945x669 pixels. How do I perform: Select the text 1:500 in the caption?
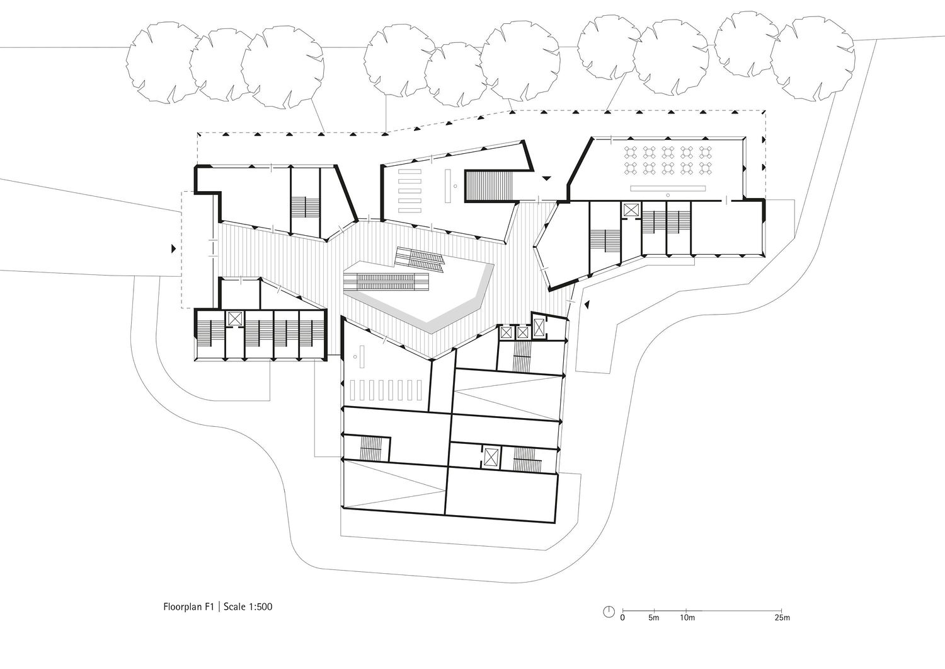click(x=259, y=607)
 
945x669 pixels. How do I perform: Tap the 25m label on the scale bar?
click(x=782, y=618)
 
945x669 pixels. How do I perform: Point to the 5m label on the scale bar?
click(x=653, y=618)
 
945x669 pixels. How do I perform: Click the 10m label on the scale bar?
click(x=687, y=618)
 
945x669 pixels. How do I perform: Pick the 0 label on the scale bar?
click(x=622, y=618)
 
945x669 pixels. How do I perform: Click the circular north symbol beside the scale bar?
click(x=609, y=612)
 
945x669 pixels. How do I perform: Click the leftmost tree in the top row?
click(x=163, y=62)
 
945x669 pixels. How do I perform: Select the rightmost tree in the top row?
click(x=813, y=57)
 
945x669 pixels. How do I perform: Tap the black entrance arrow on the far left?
click(x=173, y=249)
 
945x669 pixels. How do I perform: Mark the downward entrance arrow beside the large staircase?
click(x=546, y=178)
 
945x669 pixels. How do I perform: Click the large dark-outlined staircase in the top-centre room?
click(x=490, y=187)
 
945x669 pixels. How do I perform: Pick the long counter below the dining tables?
click(x=668, y=189)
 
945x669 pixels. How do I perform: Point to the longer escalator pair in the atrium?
click(x=386, y=281)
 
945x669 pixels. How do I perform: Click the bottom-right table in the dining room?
click(x=706, y=168)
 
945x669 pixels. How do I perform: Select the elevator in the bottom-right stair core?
click(x=491, y=457)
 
